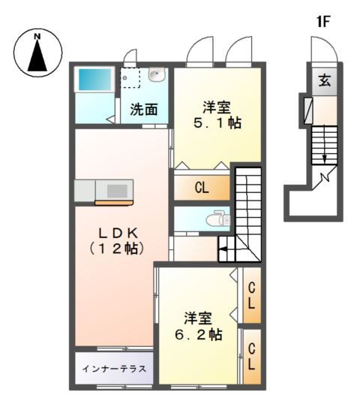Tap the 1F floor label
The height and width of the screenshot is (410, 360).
coord(322,22)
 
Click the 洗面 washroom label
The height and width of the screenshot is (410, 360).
coord(144,109)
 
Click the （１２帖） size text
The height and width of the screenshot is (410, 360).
coord(116,246)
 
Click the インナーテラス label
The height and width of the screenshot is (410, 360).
coord(114,369)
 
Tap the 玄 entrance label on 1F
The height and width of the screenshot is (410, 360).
coord(324,80)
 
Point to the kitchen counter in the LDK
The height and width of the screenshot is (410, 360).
coord(103,191)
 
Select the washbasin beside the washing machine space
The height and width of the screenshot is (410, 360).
coord(157,75)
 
